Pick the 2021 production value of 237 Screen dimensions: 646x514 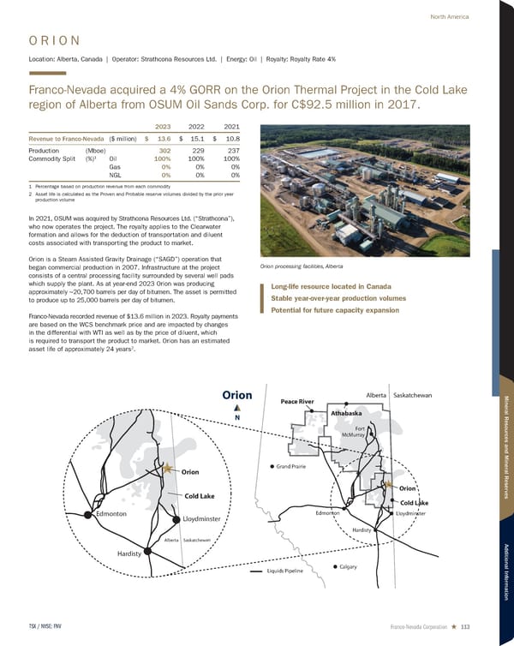click(230, 150)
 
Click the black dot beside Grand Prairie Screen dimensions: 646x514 click(272, 467)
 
